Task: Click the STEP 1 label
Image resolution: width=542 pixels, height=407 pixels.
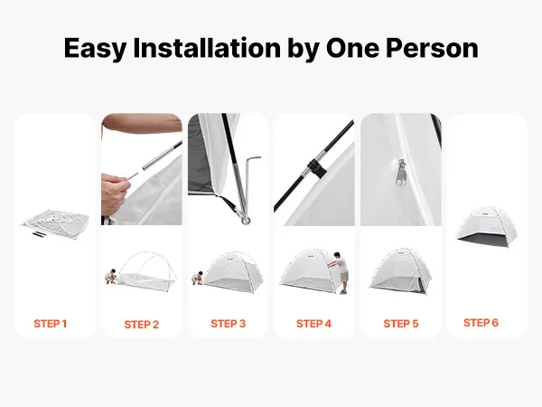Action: pos(50,324)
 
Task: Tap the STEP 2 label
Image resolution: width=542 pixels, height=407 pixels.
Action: pos(142,325)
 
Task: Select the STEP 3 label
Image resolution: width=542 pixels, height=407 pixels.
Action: pos(228,324)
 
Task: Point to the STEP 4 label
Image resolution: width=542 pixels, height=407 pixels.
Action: pos(313,324)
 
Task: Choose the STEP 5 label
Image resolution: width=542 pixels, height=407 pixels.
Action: pos(400,324)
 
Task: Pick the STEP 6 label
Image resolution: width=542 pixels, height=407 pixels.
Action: pos(481,323)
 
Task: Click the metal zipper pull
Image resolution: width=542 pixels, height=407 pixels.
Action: pos(401,172)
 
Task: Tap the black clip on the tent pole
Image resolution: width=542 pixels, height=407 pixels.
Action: pos(316,168)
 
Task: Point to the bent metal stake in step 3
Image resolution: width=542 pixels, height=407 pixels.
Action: pos(248,189)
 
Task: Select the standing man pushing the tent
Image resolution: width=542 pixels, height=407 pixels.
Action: pos(341,273)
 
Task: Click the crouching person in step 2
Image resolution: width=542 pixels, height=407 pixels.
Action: pos(111,277)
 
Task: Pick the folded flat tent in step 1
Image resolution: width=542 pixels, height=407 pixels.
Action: pos(54,223)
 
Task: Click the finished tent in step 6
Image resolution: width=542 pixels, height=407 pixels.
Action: pos(488,227)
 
